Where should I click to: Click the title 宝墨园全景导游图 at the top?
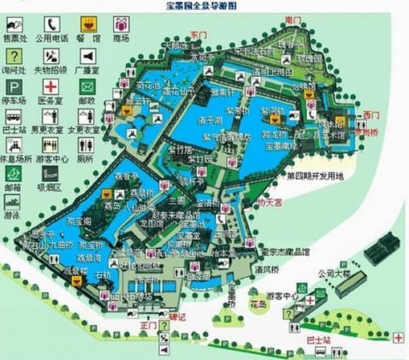point(203,5)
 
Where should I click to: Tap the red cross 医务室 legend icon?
point(52,87)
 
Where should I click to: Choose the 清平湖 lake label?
point(205,121)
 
